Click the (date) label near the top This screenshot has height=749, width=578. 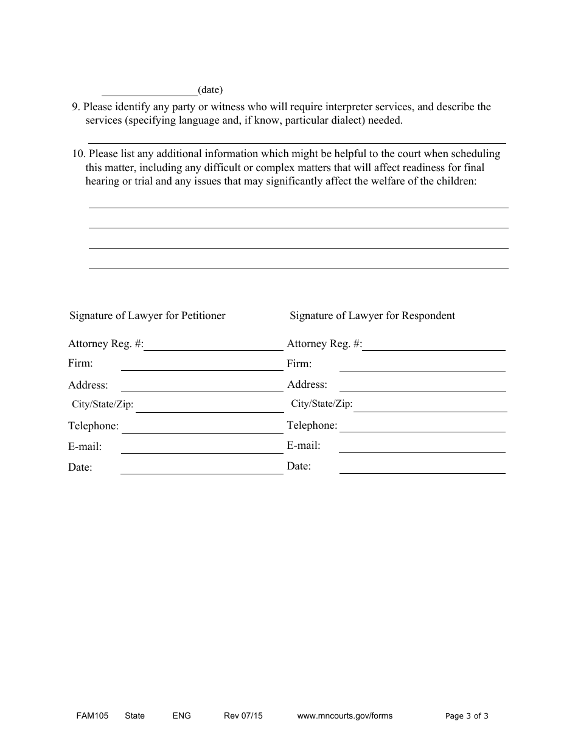pyautogui.click(x=211, y=90)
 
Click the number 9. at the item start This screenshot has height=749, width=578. pyautogui.click(x=76, y=107)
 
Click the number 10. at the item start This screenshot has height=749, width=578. pyautogui.click(x=79, y=154)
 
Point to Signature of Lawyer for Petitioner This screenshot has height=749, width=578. pyautogui.click(x=147, y=315)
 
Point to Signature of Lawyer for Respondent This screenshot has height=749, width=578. pyautogui.click(x=372, y=315)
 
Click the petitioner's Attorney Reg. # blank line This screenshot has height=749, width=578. pyautogui.click(x=214, y=346)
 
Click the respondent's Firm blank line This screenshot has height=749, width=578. pyautogui.click(x=422, y=367)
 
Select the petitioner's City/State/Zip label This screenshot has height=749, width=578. pyautogui.click(x=103, y=404)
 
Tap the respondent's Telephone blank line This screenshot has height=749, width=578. pyautogui.click(x=422, y=427)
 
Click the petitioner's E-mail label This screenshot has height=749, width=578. pyautogui.click(x=85, y=446)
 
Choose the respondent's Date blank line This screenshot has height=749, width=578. pyautogui.click(x=422, y=469)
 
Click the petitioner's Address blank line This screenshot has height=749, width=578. pyautogui.click(x=202, y=387)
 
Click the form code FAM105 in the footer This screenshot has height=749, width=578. pyautogui.click(x=88, y=716)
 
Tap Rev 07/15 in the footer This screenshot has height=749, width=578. pyautogui.click(x=243, y=716)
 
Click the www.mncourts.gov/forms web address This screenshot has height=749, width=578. pyautogui.click(x=345, y=716)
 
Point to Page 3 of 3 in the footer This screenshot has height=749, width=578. pyautogui.click(x=467, y=716)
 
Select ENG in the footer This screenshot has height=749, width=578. pyautogui.click(x=182, y=716)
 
